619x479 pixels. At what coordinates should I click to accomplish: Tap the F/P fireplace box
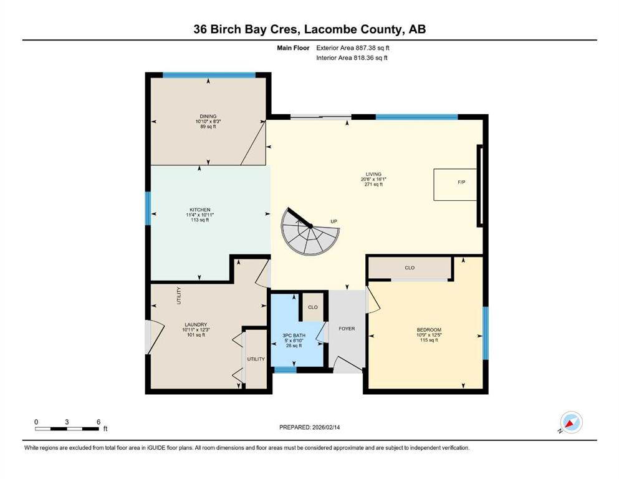click(455, 185)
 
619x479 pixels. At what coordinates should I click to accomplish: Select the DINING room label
click(208, 116)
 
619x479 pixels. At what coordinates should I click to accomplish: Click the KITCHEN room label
click(199, 210)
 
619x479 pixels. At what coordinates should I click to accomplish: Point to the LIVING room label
click(373, 174)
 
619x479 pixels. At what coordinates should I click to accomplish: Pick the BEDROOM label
click(429, 330)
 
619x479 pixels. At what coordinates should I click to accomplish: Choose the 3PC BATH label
click(294, 336)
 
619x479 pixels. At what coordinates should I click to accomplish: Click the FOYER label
click(347, 329)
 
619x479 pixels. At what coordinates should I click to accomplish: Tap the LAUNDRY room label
click(196, 324)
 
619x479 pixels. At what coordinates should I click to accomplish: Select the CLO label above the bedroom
click(410, 268)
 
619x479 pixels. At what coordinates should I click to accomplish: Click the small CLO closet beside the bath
click(313, 307)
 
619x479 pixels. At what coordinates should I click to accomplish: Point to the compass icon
click(571, 422)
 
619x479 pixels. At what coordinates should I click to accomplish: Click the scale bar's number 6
click(98, 422)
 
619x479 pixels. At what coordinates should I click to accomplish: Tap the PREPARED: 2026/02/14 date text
click(309, 427)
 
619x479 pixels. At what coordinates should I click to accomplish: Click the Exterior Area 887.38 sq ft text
click(353, 48)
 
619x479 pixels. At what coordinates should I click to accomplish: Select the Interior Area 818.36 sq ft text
click(352, 57)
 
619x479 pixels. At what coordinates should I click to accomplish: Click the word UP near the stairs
click(334, 221)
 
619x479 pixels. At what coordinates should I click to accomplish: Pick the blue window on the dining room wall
click(209, 75)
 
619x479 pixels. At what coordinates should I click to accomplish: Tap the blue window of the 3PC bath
click(286, 370)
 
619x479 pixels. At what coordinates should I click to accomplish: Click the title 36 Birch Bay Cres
click(247, 29)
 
